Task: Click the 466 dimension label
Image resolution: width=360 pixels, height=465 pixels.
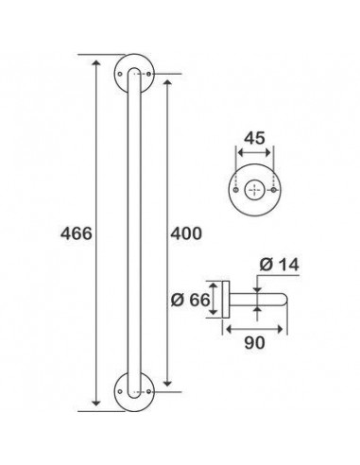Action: coord(77,233)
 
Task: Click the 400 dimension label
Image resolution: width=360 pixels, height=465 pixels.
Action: coord(186,233)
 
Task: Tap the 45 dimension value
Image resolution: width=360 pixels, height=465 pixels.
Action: coord(255,138)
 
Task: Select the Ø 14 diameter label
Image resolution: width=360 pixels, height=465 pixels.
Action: coord(279,265)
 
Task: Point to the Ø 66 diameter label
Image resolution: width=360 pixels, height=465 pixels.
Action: coord(190,300)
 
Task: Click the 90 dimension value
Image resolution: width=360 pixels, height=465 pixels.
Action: coord(255,343)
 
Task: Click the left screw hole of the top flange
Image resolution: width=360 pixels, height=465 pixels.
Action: coord(120,75)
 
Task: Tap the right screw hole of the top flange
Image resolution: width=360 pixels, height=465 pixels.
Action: coord(149,75)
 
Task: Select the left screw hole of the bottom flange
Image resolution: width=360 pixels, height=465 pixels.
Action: coord(120,391)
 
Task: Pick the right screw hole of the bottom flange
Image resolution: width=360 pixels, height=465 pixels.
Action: coord(149,391)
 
